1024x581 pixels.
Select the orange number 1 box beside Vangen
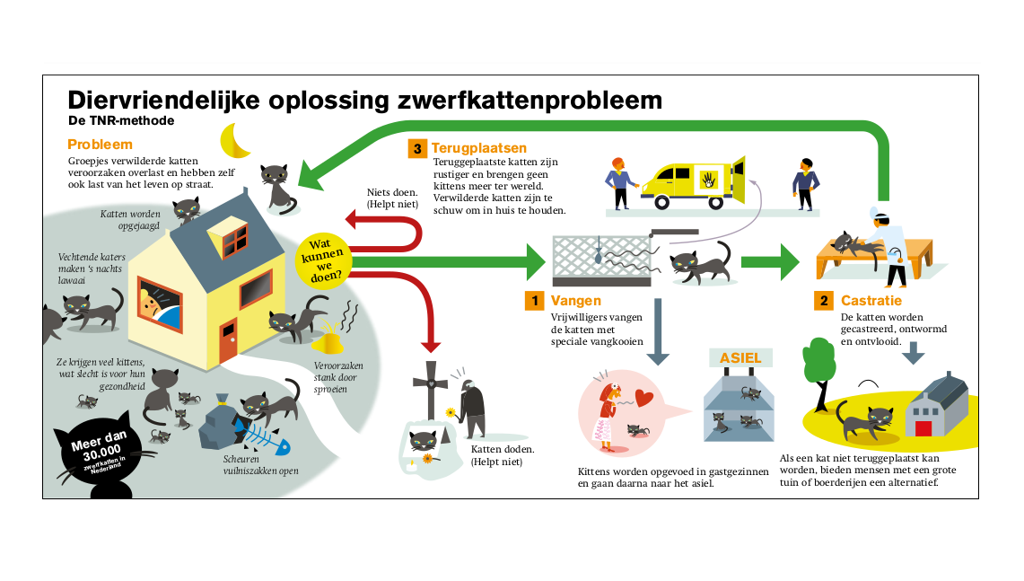pos(534,301)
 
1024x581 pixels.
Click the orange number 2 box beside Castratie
pos(824,301)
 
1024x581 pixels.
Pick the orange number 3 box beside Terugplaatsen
pos(416,148)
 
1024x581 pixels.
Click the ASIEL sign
pos(740,358)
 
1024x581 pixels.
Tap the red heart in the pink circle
pos(643,397)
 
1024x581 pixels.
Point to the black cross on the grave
pos(431,389)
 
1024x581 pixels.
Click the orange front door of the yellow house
pos(228,341)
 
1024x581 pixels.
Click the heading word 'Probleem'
pos(100,145)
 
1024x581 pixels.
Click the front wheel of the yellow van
pos(662,202)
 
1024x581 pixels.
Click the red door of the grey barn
pos(923,428)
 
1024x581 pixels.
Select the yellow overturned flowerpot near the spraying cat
pos(328,342)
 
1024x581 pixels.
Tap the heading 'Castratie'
pos(871,301)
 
